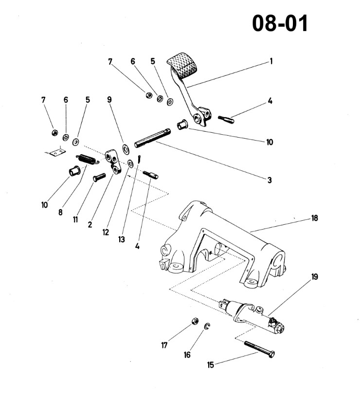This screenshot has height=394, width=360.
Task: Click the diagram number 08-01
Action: point(280,23)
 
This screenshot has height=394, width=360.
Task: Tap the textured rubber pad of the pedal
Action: point(183,65)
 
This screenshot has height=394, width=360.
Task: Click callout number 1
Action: point(271,61)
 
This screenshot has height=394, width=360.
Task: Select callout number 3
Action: point(270,180)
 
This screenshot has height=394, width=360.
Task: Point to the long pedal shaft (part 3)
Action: point(152,138)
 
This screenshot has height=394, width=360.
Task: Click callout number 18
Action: point(314,218)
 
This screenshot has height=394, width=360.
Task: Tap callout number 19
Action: point(314,277)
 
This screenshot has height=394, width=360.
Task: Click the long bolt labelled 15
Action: point(259,350)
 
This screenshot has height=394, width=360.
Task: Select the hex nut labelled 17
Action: point(195,321)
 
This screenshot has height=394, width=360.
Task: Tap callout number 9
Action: point(109,100)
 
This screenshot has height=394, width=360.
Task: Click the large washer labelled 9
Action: point(126,148)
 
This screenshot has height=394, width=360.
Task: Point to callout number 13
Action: point(122,239)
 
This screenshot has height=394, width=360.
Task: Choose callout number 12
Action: point(106,232)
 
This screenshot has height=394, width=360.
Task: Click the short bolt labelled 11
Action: point(99,178)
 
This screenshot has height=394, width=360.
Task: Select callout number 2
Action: point(90,224)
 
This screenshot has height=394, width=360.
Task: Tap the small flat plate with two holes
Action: point(57,152)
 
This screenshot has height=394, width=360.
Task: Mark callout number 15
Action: point(211,365)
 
